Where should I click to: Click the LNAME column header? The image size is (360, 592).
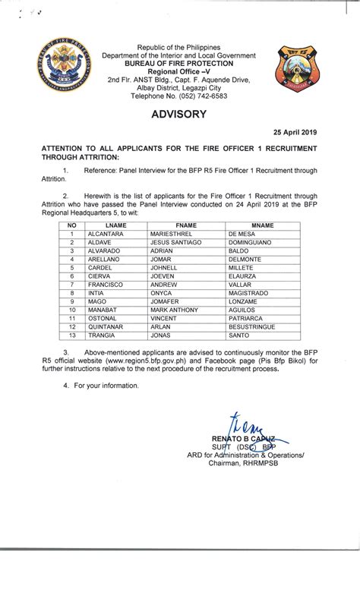point(115,226)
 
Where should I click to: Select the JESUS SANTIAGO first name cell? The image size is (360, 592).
point(176,242)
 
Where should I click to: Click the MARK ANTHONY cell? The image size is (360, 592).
point(174,310)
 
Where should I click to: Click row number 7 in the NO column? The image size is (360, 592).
point(71,285)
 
